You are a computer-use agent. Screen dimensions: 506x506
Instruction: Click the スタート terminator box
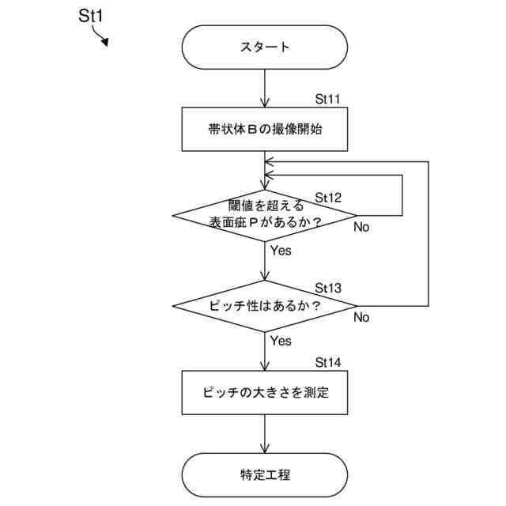pyautogui.click(x=265, y=47)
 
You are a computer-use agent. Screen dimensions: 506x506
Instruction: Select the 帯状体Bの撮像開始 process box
pyautogui.click(x=265, y=130)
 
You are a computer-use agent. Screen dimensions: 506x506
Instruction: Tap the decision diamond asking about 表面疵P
pyautogui.click(x=265, y=215)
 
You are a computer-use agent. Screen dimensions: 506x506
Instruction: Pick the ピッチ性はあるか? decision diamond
pyautogui.click(x=265, y=305)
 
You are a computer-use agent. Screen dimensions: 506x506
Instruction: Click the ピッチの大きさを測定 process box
pyautogui.click(x=265, y=392)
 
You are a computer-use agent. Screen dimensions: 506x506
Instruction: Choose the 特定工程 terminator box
pyautogui.click(x=265, y=475)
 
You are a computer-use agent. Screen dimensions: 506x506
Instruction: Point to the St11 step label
pyautogui.click(x=328, y=100)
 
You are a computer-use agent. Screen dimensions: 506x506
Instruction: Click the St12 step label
pyautogui.click(x=328, y=197)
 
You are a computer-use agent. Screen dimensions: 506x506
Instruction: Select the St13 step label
pyautogui.click(x=328, y=287)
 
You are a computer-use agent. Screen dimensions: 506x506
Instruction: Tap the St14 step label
pyautogui.click(x=328, y=363)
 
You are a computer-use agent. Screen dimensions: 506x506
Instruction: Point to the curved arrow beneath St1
pyautogui.click(x=100, y=36)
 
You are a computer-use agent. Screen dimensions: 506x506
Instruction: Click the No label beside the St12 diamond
pyautogui.click(x=361, y=227)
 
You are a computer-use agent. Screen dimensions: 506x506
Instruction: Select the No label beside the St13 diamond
pyautogui.click(x=361, y=318)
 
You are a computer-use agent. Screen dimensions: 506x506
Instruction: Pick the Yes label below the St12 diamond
pyautogui.click(x=281, y=251)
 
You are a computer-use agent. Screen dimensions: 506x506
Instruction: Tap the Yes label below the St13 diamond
pyautogui.click(x=281, y=342)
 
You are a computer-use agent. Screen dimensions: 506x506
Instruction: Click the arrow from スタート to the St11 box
pyautogui.click(x=265, y=89)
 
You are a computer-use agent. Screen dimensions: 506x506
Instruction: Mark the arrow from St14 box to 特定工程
pyautogui.click(x=265, y=434)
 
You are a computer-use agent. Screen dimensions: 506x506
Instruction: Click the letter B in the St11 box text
pyautogui.click(x=251, y=130)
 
